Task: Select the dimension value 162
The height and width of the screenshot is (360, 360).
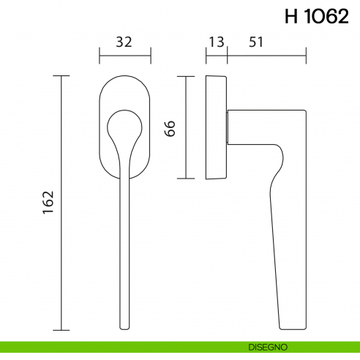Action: click(49, 201)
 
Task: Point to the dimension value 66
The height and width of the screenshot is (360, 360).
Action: click(170, 128)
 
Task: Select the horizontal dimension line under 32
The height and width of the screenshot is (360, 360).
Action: click(124, 54)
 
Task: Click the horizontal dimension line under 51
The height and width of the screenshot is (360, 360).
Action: click(266, 54)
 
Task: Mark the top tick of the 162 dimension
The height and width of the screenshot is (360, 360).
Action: click(61, 75)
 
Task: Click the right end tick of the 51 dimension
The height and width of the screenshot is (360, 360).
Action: click(304, 54)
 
